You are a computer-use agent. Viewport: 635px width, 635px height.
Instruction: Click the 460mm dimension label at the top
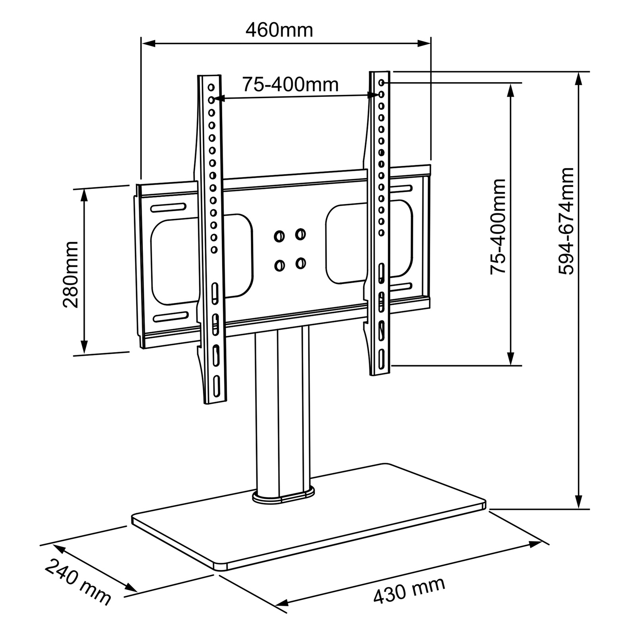[x=279, y=30]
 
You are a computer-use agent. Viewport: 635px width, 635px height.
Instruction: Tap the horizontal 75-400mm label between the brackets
[x=291, y=84]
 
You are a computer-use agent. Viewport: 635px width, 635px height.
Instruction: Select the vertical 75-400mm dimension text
[x=498, y=227]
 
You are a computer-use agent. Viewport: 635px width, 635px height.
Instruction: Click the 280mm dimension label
[x=71, y=274]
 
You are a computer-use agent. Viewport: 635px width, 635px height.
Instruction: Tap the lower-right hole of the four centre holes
[x=300, y=263]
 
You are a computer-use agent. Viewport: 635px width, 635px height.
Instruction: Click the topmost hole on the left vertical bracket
[x=211, y=87]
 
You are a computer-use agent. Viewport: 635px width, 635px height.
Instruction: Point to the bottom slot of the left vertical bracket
[x=217, y=386]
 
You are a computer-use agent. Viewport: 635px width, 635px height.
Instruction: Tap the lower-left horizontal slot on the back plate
[x=171, y=316]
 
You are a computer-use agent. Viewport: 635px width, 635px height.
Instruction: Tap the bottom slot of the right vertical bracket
[x=381, y=360]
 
